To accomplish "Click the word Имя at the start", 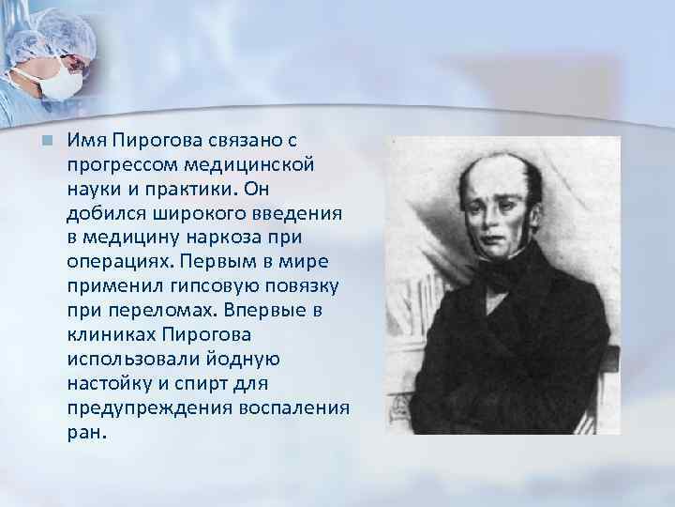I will (84, 141).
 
